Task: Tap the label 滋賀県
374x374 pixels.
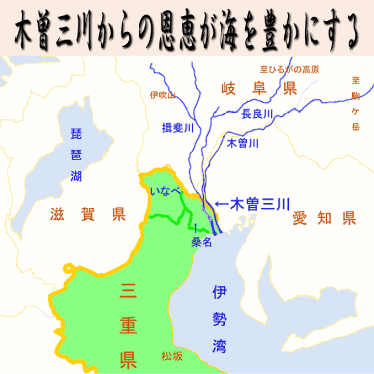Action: (x=88, y=214)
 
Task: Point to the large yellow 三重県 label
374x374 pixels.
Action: (x=128, y=324)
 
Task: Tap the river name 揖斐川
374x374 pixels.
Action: (x=178, y=128)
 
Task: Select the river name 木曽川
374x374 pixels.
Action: (x=243, y=144)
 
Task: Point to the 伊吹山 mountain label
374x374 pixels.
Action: (x=163, y=95)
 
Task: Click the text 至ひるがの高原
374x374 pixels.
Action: (x=289, y=69)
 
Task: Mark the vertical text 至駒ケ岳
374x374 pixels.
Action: (x=355, y=103)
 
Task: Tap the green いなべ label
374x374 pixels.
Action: (x=165, y=191)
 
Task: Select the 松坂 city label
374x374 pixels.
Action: (x=172, y=356)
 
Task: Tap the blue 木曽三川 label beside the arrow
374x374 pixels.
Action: (x=259, y=203)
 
